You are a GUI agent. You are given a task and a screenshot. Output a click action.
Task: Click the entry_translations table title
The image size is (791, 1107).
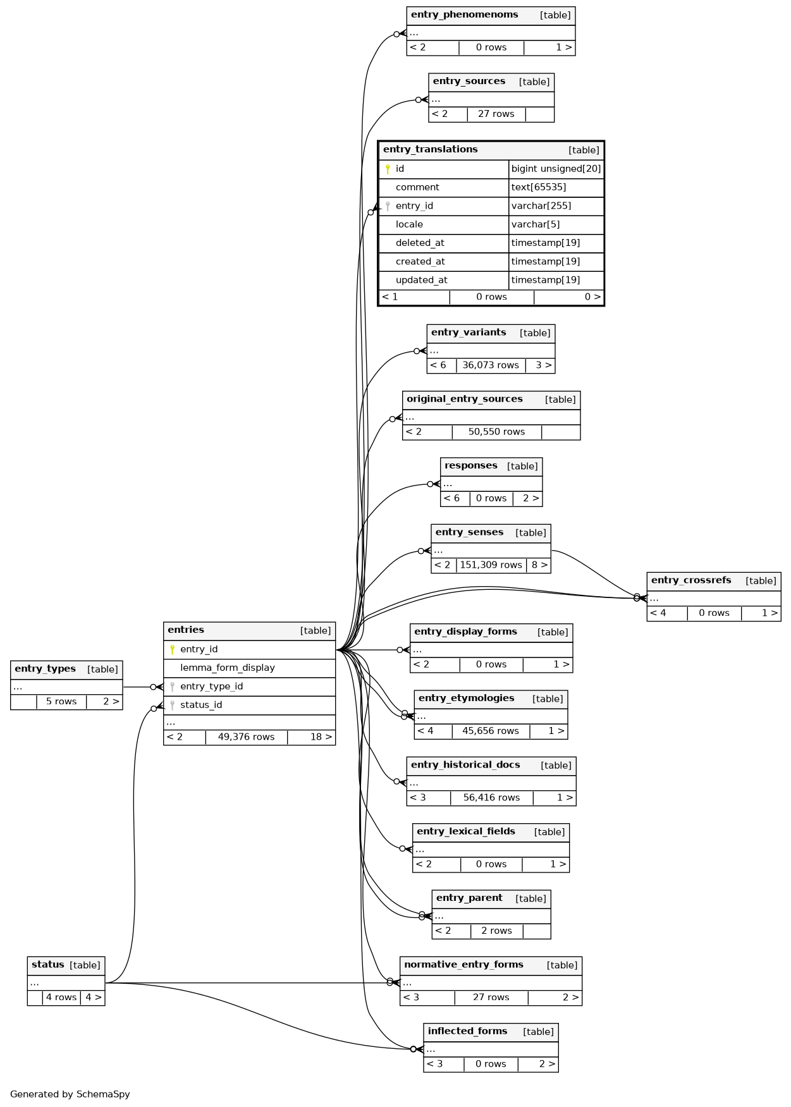click(x=431, y=150)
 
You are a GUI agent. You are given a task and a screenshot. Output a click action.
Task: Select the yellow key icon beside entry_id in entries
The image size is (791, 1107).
click(x=172, y=649)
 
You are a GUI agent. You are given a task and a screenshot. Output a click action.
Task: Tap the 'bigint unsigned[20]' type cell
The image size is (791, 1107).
click(x=556, y=169)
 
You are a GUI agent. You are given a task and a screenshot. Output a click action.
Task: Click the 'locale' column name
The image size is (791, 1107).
click(x=409, y=224)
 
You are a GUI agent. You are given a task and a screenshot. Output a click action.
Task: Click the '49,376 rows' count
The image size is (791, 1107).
click(x=246, y=737)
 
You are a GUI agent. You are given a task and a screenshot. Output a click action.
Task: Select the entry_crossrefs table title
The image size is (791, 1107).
click(x=690, y=580)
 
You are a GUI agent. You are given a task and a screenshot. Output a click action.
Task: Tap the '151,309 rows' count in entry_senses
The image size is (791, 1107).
click(x=491, y=565)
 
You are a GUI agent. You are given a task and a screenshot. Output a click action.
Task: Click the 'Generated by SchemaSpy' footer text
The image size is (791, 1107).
click(x=70, y=1094)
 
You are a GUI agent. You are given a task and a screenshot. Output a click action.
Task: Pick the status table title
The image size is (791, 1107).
click(x=48, y=965)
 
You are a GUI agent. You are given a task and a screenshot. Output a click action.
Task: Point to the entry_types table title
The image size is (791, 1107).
click(x=45, y=669)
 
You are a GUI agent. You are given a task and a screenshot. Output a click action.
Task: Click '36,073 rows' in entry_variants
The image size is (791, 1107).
click(x=490, y=365)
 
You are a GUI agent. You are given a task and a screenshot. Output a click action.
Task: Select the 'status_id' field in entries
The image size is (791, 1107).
click(x=201, y=705)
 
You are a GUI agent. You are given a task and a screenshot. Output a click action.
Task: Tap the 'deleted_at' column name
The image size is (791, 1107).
click(x=420, y=243)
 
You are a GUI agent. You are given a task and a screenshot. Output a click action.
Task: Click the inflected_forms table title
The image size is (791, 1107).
click(x=467, y=1031)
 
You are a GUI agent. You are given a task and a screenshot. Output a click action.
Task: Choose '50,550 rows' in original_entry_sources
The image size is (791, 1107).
click(x=496, y=432)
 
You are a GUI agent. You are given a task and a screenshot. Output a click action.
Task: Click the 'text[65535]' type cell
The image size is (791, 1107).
click(x=538, y=187)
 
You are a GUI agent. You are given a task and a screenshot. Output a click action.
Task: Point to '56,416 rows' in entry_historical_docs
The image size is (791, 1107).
click(x=491, y=798)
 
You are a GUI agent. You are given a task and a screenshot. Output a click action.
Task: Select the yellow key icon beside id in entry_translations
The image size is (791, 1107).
click(x=388, y=169)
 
